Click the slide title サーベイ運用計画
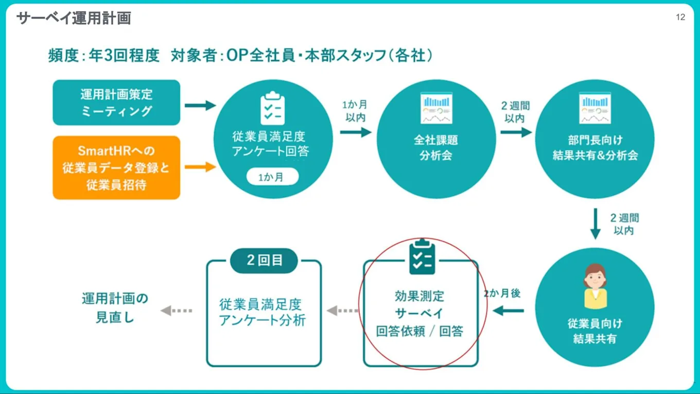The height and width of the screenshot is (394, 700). pos(74,19)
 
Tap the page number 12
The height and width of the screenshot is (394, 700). pos(680,18)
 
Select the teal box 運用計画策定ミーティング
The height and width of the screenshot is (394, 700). pos(116,102)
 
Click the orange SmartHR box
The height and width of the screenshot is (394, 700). pos(116,167)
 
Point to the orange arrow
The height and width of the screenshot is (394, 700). pos(200,167)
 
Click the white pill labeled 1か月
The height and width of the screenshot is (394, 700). pos(272,177)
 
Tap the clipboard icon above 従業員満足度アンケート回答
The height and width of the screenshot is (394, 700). pos(272,108)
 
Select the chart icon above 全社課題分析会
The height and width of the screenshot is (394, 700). pos(436,108)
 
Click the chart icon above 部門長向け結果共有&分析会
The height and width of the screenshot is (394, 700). pos(594,108)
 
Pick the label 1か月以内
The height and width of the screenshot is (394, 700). pos(355,111)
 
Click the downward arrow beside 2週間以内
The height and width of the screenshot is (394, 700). pos(596,224)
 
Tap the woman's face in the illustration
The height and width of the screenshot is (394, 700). pos(595,281)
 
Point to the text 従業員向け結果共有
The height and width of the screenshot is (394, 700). pos(594,331)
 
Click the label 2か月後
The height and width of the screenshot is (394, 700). pos(502,294)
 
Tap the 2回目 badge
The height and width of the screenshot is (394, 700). pos(264,261)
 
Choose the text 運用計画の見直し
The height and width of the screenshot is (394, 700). pos(115,308)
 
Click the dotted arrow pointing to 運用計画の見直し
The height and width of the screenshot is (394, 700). pos(177,311)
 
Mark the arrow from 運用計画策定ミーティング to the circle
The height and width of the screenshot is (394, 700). pos(200,106)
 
